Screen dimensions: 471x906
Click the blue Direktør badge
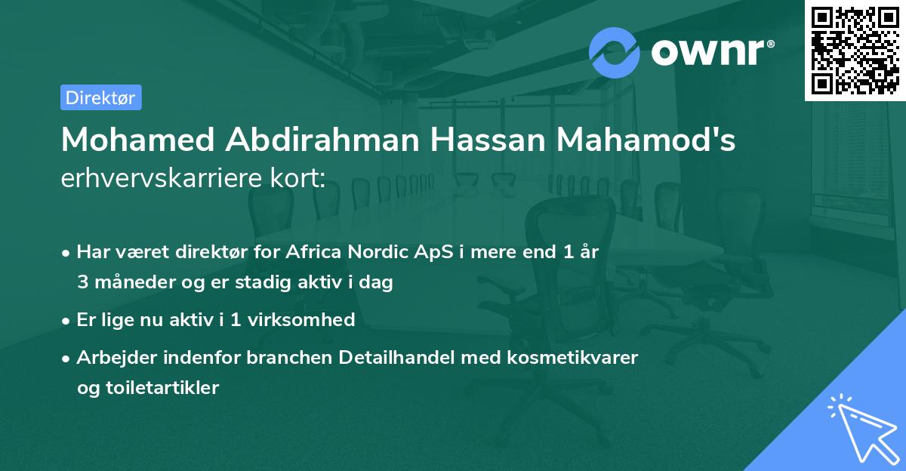(x=100, y=97)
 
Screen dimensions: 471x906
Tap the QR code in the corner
(x=854, y=50)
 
